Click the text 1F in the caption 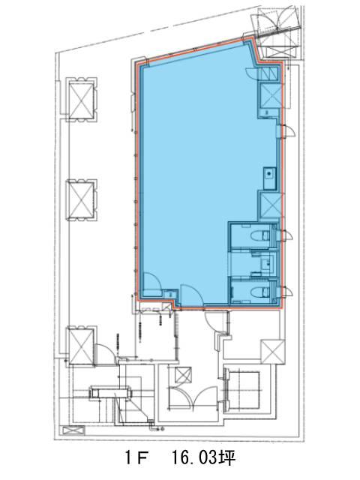[137, 458]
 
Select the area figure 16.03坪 [203, 458]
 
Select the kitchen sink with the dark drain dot [270, 178]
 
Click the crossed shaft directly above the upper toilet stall [270, 205]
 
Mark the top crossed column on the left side [81, 100]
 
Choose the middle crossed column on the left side [81, 199]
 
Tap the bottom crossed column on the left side [81, 346]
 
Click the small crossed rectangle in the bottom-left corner [73, 430]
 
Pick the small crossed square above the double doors [183, 375]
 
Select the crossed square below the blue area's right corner [272, 352]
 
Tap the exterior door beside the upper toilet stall [286, 235]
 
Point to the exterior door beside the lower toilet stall [286, 291]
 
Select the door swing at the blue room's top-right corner [252, 73]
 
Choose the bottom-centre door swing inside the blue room [191, 295]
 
